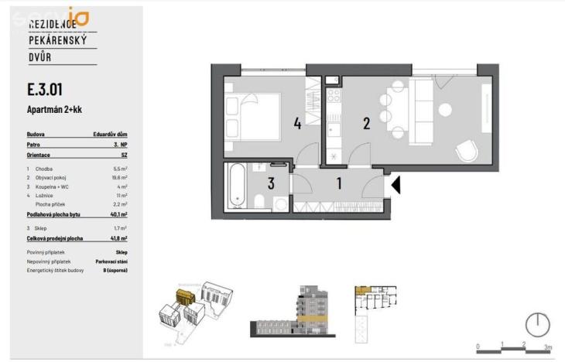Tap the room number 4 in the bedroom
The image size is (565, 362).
pos(297,123)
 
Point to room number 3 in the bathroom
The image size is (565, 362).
pos(271,184)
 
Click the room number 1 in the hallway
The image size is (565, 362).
pos(337,184)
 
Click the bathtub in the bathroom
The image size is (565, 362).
pos(236,187)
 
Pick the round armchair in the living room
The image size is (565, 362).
pos(467,151)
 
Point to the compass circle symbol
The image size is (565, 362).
pos(536,324)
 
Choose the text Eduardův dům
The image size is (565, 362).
pos(110,135)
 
